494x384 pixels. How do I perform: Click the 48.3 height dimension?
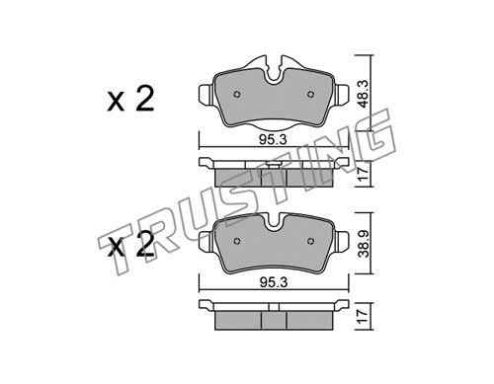(x=365, y=94)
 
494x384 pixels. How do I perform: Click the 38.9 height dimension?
(x=365, y=244)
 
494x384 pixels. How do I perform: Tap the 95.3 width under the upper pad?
(x=273, y=140)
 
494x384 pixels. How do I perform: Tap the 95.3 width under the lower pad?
(x=274, y=282)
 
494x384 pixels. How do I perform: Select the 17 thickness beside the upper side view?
(x=363, y=173)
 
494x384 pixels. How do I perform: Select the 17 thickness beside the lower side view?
(x=363, y=316)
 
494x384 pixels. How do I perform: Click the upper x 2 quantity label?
(x=130, y=100)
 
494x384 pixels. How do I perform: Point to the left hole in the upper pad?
(x=237, y=95)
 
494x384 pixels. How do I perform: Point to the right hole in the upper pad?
(x=310, y=95)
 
